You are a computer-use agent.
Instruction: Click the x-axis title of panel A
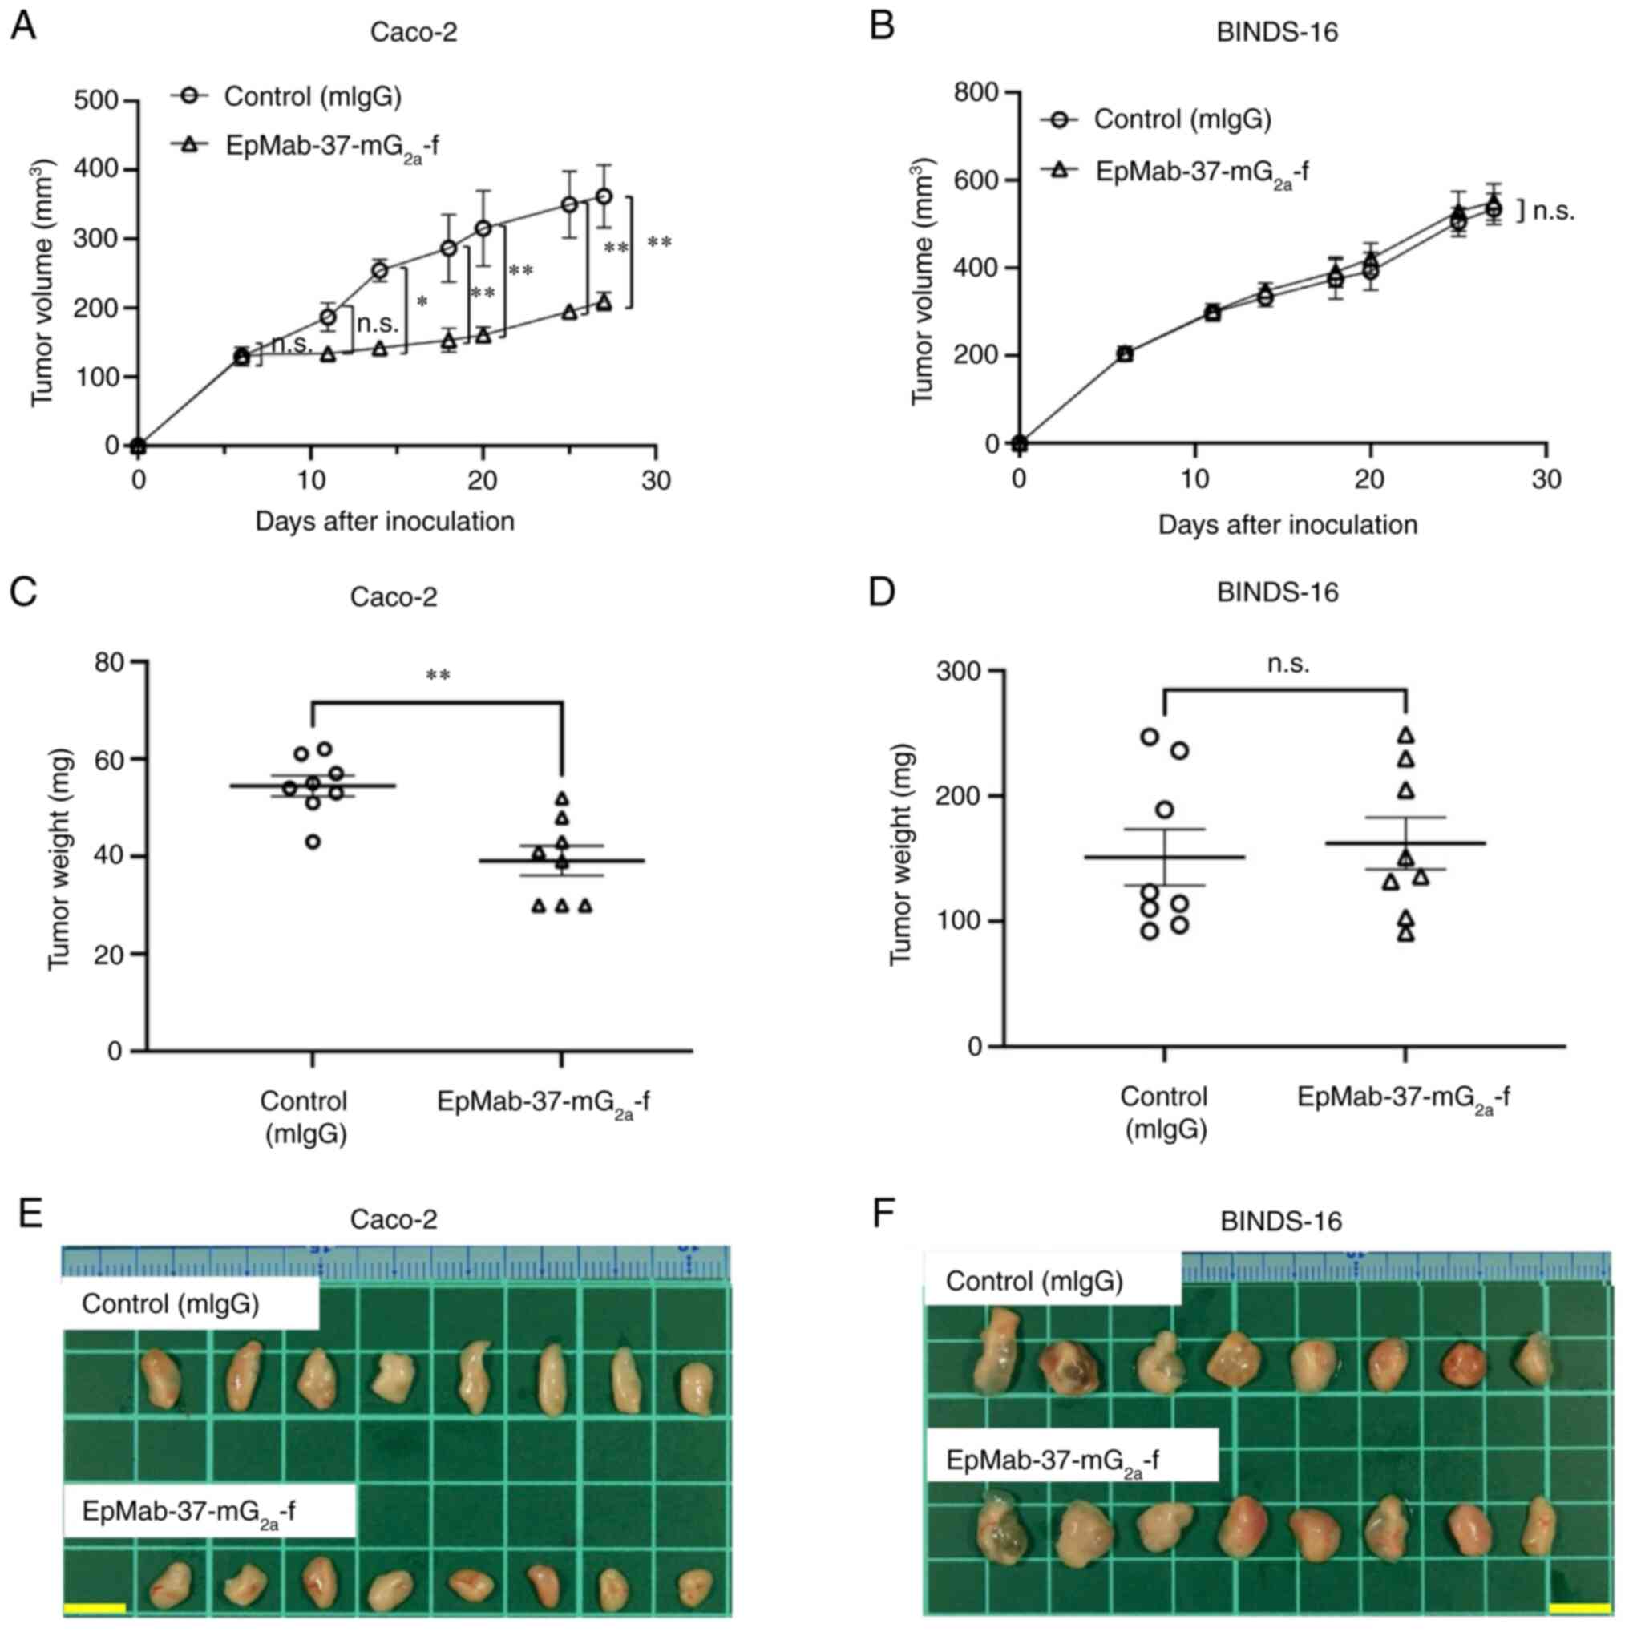[385, 521]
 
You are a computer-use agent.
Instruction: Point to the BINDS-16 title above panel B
[1277, 32]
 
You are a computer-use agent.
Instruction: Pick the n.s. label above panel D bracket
[1288, 665]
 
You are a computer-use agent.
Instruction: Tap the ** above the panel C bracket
[438, 675]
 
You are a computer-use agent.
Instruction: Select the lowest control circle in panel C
[313, 842]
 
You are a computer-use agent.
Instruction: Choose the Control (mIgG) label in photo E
[171, 1303]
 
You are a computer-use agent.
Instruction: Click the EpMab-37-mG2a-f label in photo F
[1052, 1460]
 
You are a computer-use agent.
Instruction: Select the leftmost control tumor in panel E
[159, 1378]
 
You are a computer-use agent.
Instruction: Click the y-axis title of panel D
[902, 854]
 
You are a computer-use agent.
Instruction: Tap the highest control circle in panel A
[604, 196]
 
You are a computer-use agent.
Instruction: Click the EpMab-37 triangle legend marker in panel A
[189, 145]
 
